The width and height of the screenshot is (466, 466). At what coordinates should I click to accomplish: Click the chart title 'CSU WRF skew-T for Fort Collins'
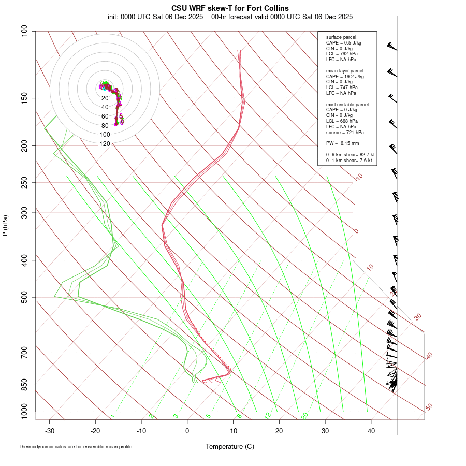tap(230, 8)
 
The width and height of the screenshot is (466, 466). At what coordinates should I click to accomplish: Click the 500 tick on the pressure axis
tap(25, 297)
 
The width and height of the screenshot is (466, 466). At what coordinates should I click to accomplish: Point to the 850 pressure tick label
tap(25, 385)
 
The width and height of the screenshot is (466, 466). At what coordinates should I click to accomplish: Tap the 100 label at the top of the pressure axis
tap(25, 31)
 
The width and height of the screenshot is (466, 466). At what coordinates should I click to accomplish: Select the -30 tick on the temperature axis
tap(50, 431)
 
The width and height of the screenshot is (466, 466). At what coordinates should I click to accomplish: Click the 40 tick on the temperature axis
tap(371, 431)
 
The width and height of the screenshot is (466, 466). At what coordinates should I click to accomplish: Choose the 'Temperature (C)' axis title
tap(230, 446)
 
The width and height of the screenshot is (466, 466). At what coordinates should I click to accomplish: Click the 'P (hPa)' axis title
tap(5, 225)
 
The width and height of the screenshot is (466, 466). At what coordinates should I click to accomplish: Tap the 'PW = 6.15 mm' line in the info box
tap(342, 143)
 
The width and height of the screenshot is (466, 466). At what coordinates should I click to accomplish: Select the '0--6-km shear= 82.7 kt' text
tap(350, 155)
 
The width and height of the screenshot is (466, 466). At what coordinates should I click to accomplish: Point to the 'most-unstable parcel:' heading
tap(348, 104)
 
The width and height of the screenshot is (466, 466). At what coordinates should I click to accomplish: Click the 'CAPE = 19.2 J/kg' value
tap(345, 76)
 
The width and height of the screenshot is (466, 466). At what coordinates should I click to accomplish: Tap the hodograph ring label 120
tap(105, 144)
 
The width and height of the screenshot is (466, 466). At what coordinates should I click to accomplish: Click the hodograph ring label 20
tap(105, 98)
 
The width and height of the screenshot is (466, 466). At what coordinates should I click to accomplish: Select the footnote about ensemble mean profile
tap(76, 446)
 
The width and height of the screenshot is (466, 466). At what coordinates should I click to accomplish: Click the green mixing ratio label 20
tap(305, 415)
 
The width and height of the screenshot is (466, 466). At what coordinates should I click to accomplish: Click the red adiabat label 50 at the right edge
tap(429, 407)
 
